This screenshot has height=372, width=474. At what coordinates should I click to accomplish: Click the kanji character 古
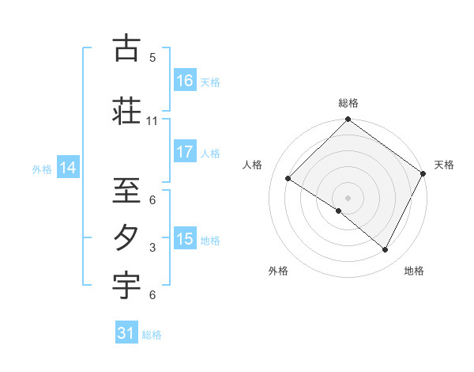126,49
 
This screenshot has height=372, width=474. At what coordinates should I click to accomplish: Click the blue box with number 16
185,81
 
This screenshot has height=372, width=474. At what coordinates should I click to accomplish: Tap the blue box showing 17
185,152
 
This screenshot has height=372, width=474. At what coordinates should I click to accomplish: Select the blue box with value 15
185,239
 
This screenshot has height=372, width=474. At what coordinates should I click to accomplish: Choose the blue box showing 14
68,168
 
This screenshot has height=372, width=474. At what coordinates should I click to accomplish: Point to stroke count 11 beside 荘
152,121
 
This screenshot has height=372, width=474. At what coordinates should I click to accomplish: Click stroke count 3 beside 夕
152,248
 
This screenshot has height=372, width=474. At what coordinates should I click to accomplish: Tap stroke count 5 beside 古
152,58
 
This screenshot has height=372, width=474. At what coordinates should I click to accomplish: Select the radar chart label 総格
348,103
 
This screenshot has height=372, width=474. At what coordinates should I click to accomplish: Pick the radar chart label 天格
444,165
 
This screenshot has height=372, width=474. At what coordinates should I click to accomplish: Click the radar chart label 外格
278,271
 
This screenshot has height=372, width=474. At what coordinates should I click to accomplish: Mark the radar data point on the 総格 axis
348,120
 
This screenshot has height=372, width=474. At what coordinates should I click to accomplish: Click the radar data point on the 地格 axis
386,250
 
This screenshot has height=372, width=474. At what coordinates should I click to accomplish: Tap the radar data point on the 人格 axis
288,179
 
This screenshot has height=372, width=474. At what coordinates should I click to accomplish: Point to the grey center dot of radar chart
348,197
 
